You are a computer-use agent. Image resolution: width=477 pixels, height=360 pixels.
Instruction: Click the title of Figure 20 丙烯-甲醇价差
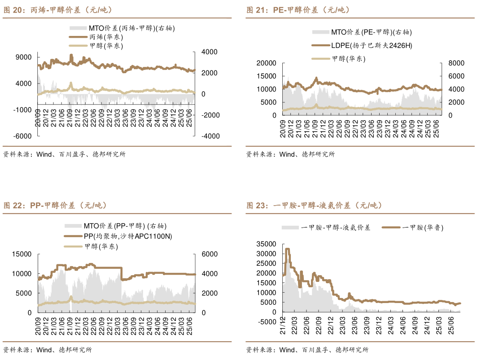pyautogui.click(x=58, y=10)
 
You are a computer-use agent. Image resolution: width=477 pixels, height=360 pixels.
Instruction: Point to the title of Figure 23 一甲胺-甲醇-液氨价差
pyautogui.click(x=314, y=206)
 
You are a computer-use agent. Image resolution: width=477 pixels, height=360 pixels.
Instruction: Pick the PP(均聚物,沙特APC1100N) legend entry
pyautogui.click(x=127, y=236)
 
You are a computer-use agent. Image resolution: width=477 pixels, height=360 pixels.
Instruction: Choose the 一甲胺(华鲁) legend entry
pyautogui.click(x=422, y=228)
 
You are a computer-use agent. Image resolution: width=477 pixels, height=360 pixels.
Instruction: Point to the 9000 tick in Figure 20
pyautogui.click(x=23, y=57)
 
